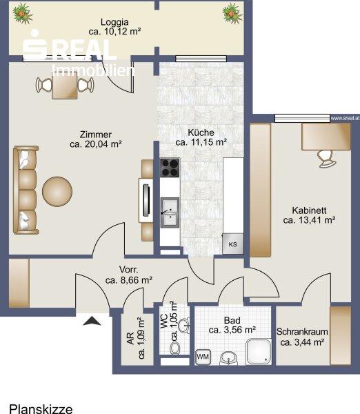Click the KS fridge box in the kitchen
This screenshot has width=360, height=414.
click(x=233, y=244)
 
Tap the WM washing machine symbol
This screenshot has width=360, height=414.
click(x=203, y=357)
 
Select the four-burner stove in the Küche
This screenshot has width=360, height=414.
click(x=170, y=168)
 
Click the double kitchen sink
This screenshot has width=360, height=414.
click(x=170, y=213)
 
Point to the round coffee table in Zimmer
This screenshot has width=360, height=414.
click(x=57, y=191)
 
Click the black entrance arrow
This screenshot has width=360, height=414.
click(x=92, y=321)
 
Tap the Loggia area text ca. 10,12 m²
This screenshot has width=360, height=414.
click(x=114, y=32)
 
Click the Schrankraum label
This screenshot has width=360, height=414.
click(x=302, y=332)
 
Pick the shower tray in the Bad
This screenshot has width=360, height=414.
click(x=259, y=352)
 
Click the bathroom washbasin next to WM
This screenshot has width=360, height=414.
click(x=228, y=358)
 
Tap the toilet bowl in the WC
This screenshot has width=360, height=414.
click(x=174, y=348)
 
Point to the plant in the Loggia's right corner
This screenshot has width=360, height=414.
click(x=232, y=14)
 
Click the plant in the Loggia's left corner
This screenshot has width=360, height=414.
click(x=23, y=14)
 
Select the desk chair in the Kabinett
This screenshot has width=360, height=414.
click(x=326, y=159)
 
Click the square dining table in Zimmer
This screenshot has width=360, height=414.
click(x=65, y=85)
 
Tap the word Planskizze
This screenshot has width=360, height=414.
click(x=41, y=409)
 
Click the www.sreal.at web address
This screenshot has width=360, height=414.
click(x=345, y=118)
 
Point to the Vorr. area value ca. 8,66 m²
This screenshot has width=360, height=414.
click(x=128, y=280)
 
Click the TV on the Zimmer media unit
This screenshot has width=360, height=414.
click(x=146, y=200)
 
